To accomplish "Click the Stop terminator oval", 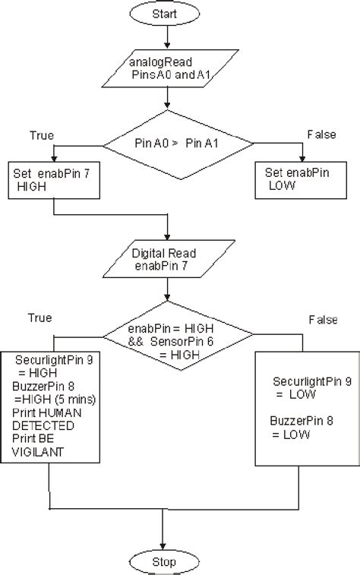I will click(x=163, y=562).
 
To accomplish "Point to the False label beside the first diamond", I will click(x=321, y=134).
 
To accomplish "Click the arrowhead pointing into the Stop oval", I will click(x=163, y=545).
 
